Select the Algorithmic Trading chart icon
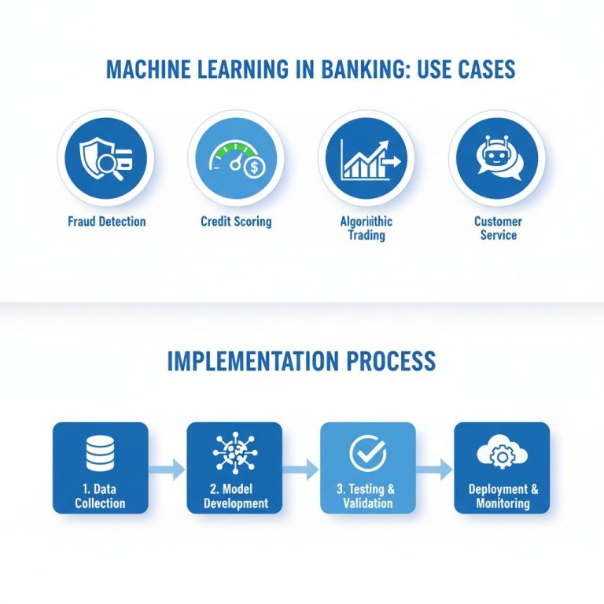366,157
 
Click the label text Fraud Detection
106,221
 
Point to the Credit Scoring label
236,221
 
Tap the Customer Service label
497,228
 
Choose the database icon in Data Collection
100,454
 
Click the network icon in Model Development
234,454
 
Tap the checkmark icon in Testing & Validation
367,453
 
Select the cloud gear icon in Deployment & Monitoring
501,454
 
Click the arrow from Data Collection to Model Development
167,470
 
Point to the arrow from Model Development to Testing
300,470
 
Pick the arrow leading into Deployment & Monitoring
434,470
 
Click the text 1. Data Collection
100,496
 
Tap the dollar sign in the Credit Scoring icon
254,167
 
